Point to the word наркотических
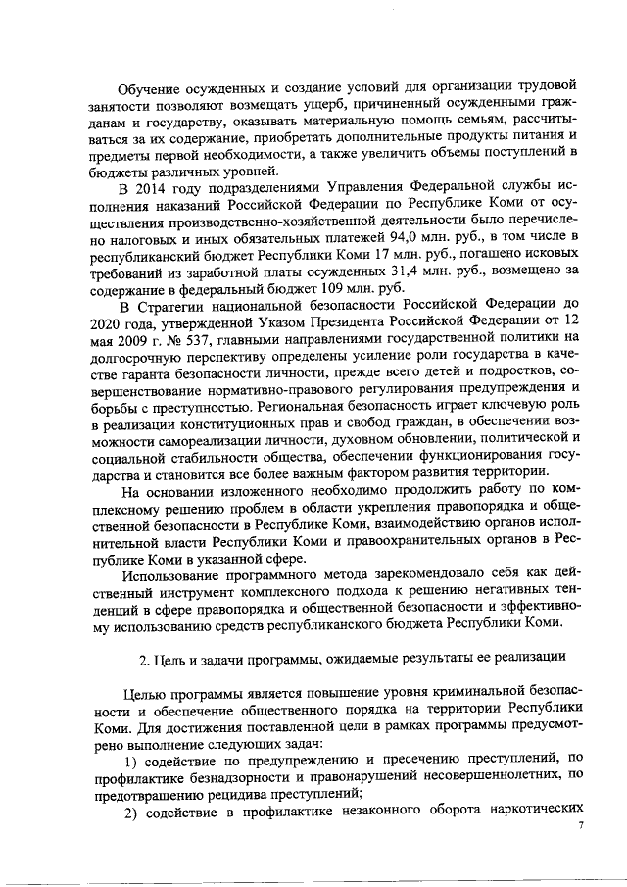(536, 812)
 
